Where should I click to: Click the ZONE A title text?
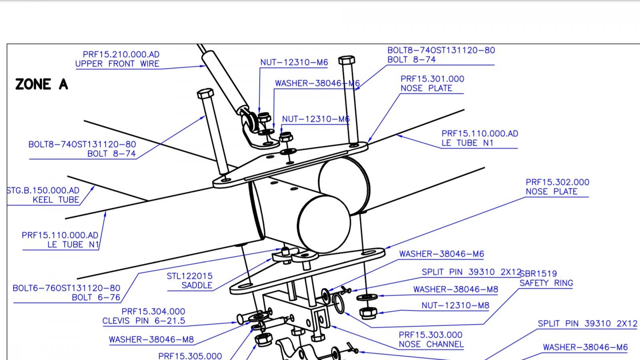[42, 84]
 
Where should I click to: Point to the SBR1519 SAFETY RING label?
[546, 278]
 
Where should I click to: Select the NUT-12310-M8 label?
[455, 306]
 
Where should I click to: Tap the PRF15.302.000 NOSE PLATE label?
[557, 187]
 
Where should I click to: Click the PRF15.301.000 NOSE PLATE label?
[432, 84]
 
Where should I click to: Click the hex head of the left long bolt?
[206, 94]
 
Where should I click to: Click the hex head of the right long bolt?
[346, 60]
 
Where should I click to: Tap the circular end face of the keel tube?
[324, 224]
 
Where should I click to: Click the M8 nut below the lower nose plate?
[366, 312]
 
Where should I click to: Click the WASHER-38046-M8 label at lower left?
[151, 340]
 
